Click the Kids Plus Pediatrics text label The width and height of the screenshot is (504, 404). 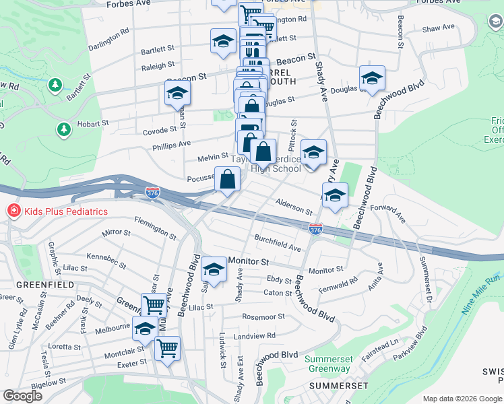tap(66, 211)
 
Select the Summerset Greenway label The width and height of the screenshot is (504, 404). tap(329, 364)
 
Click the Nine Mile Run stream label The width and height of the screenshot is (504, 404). tap(482, 294)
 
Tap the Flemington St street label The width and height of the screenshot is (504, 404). tap(155, 228)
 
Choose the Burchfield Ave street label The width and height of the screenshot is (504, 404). tap(277, 243)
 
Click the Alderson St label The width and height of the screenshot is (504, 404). tap(292, 206)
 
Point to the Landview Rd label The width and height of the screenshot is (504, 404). tap(255, 335)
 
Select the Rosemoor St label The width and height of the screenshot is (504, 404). tap(261, 316)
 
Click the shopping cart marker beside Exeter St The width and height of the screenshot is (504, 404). tap(167, 348)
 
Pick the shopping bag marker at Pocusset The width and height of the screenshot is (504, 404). tap(228, 180)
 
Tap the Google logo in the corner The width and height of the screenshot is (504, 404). tap(22, 396)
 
